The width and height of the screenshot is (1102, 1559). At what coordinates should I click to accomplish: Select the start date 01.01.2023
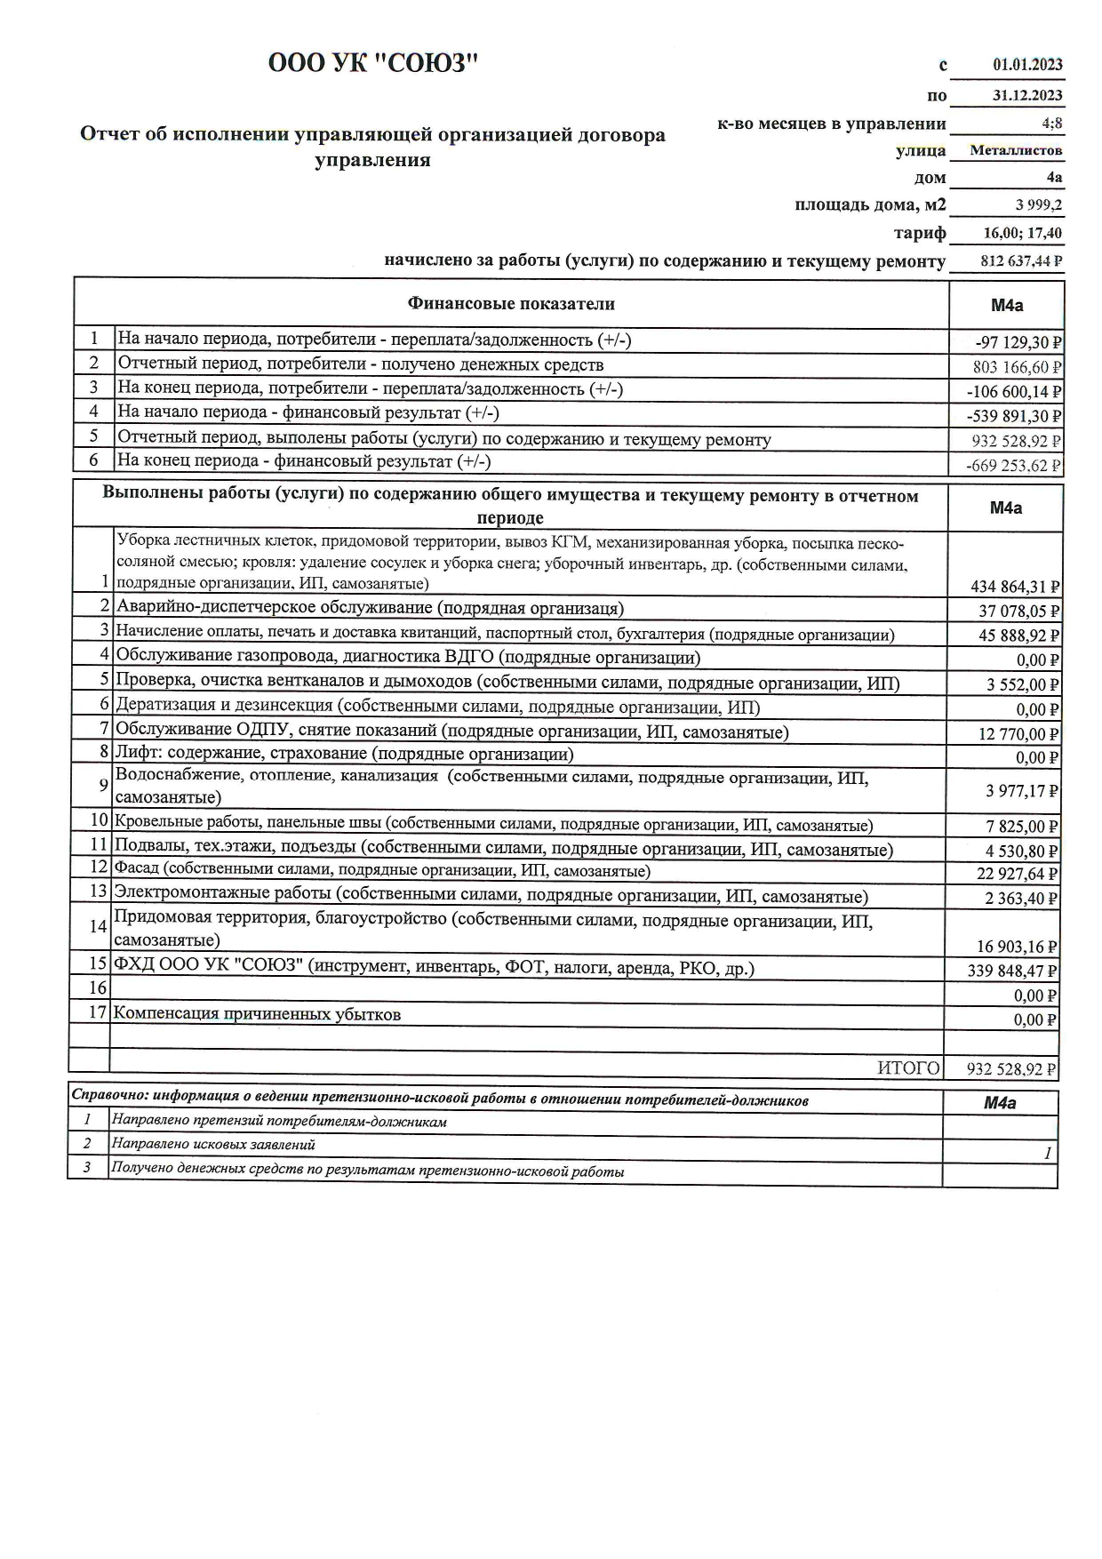1027,65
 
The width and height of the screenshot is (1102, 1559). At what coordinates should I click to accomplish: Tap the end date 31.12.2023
1027,95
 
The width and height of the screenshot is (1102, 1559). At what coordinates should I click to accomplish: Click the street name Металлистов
1016,150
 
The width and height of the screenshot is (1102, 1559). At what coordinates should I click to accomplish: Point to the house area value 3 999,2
1038,205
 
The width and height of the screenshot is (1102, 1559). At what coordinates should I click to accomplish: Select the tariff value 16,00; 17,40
1022,234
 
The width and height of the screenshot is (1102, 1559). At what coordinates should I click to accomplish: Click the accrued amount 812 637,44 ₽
1021,261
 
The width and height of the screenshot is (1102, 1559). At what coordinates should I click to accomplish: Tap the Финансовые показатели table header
511,304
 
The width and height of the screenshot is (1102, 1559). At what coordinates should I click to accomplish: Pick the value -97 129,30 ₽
1018,342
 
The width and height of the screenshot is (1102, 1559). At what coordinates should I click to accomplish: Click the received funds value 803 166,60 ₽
1018,367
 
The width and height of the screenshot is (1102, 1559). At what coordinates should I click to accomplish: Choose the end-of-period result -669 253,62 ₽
1017,466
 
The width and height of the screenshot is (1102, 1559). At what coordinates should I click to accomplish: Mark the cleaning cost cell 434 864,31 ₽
1015,587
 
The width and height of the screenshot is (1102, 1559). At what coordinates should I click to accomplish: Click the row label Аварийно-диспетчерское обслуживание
370,608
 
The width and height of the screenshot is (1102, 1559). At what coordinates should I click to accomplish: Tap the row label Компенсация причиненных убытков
257,1014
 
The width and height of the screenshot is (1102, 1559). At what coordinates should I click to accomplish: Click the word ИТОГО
908,1068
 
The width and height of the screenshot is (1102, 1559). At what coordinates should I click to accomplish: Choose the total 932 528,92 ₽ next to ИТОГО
1011,1069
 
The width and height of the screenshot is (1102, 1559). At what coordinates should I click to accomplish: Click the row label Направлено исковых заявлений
213,1145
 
